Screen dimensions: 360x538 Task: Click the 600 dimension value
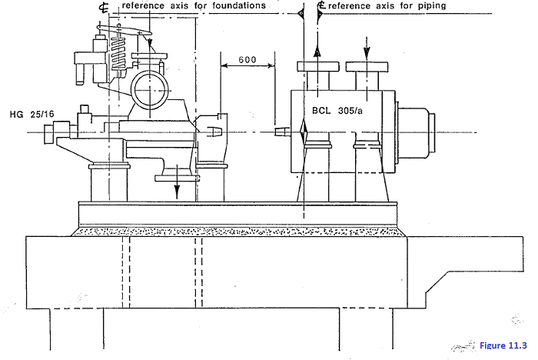pyautogui.click(x=247, y=60)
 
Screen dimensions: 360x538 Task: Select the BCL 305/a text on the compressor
pyautogui.click(x=343, y=110)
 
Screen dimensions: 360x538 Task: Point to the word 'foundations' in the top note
pyautogui.click(x=232, y=5)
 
